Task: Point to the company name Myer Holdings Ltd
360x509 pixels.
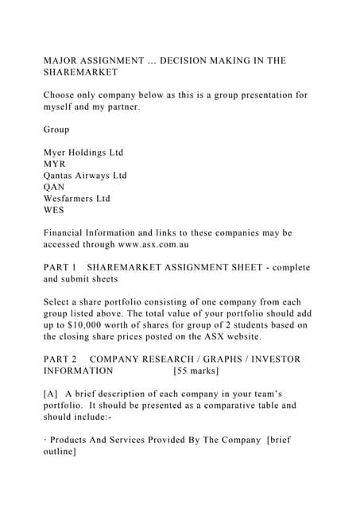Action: (83, 152)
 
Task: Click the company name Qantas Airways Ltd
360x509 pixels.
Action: (86, 176)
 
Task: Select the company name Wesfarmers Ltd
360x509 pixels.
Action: (77, 199)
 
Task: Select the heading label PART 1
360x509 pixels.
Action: (60, 267)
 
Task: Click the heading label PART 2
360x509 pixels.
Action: (60, 359)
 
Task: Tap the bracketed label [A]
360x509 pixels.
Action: (51, 394)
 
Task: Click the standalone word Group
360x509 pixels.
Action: (56, 129)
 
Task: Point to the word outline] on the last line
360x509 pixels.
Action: (60, 451)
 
